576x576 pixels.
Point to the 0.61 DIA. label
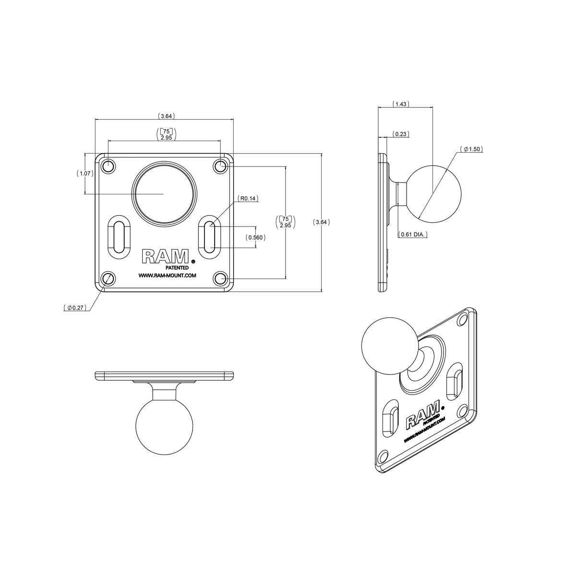pyautogui.click(x=413, y=234)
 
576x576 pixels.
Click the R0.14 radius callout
pyautogui.click(x=248, y=198)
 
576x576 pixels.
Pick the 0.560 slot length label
pyautogui.click(x=255, y=237)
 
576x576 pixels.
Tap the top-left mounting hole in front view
pyautogui.click(x=108, y=167)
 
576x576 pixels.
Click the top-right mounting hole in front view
pyautogui.click(x=220, y=167)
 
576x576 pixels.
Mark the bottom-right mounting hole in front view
pyautogui.click(x=220, y=278)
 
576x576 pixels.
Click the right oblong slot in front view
pyautogui.click(x=210, y=236)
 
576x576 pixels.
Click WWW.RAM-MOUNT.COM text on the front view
pyautogui.click(x=167, y=276)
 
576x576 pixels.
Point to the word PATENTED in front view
pyautogui.click(x=177, y=267)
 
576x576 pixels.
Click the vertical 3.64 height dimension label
pyautogui.click(x=321, y=222)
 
